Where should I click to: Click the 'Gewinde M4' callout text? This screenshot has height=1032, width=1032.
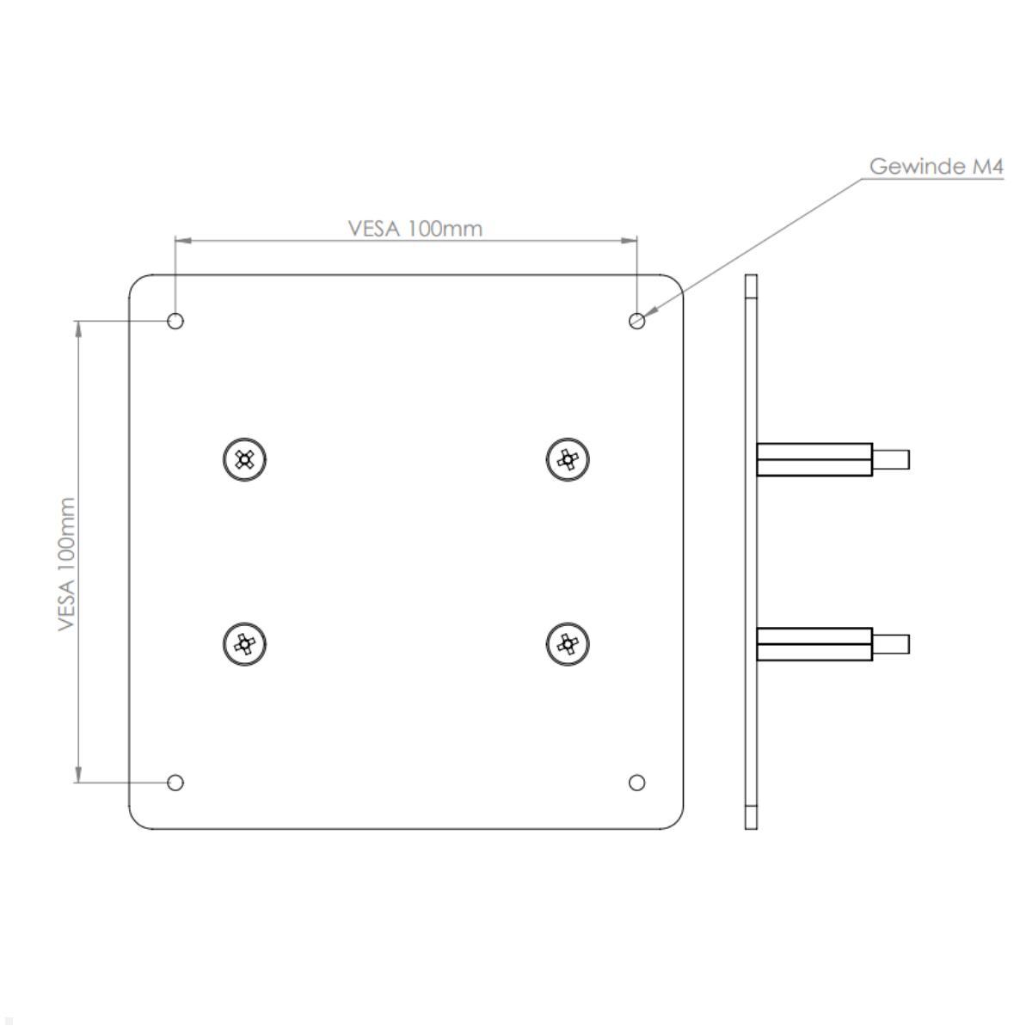click(936, 166)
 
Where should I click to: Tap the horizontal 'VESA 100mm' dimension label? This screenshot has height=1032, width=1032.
click(415, 228)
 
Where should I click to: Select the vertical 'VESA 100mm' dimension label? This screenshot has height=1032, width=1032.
click(67, 563)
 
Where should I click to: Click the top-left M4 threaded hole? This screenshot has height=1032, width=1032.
click(175, 321)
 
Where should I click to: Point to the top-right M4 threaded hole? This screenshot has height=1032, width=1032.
click(636, 321)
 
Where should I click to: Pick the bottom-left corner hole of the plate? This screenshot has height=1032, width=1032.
click(175, 783)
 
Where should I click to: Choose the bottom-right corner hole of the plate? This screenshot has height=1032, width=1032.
click(636, 783)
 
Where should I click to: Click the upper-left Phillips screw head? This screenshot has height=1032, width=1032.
click(244, 459)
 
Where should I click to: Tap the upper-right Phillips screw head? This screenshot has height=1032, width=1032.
click(568, 459)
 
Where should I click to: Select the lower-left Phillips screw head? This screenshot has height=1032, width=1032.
click(244, 643)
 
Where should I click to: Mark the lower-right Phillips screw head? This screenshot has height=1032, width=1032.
click(568, 643)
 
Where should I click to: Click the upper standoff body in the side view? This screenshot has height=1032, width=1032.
click(814, 459)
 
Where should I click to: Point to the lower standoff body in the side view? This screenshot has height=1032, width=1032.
click(814, 643)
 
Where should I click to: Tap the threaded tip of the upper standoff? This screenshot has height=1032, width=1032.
click(891, 459)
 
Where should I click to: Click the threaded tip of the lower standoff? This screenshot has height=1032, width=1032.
click(891, 643)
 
